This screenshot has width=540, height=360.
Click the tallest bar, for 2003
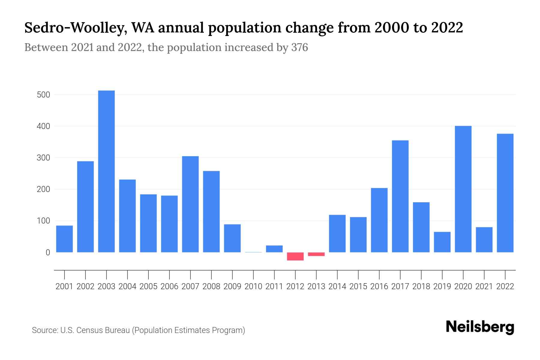pyautogui.click(x=106, y=171)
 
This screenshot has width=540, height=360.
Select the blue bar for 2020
pyautogui.click(x=463, y=189)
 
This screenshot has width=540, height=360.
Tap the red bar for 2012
pyautogui.click(x=295, y=256)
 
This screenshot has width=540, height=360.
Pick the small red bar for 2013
pyautogui.click(x=316, y=254)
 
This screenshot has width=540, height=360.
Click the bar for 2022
pyautogui.click(x=505, y=193)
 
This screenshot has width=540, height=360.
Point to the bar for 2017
pyautogui.click(x=400, y=196)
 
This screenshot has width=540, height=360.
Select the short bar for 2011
pyautogui.click(x=274, y=249)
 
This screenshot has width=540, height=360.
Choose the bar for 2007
pyautogui.click(x=190, y=204)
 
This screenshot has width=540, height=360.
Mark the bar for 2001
pyautogui.click(x=64, y=239)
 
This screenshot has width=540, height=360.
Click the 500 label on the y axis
pyautogui.click(x=43, y=95)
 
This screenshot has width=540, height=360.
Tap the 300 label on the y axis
pyautogui.click(x=43, y=158)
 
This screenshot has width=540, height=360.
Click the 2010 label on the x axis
pyautogui.click(x=253, y=286)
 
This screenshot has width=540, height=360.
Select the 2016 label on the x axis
pyautogui.click(x=379, y=286)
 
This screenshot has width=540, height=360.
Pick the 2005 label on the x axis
pyautogui.click(x=148, y=286)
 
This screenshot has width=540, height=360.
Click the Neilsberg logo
pyautogui.click(x=480, y=327)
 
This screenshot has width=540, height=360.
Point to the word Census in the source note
pyautogui.click(x=89, y=330)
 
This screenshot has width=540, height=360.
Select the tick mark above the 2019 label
pyautogui.click(x=442, y=274)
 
